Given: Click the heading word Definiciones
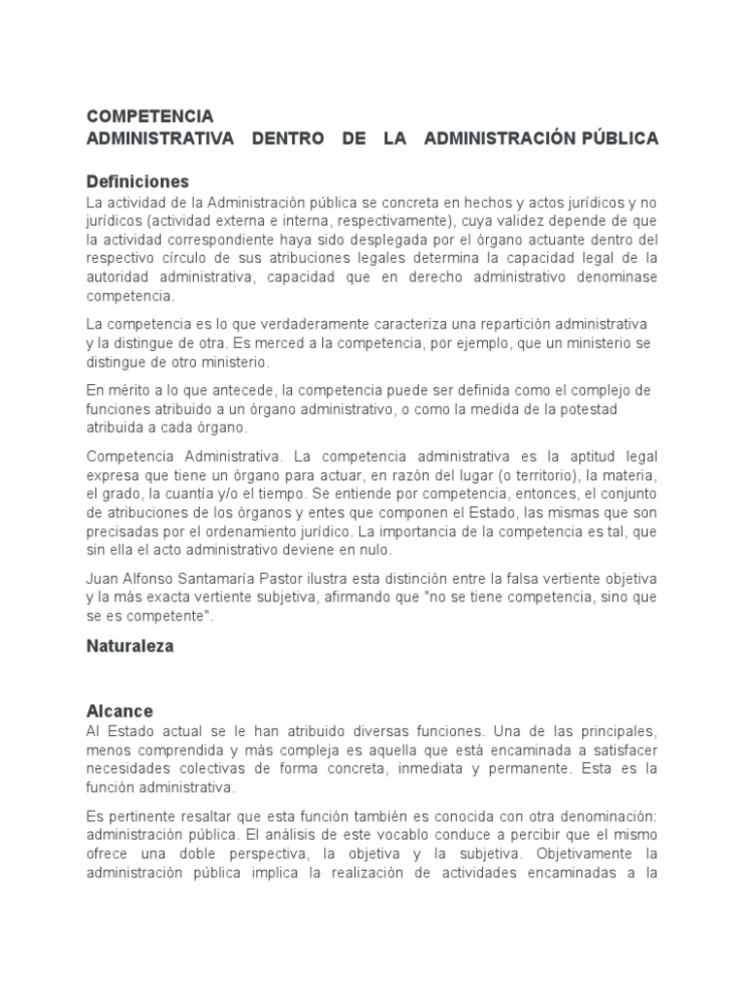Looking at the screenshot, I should (138, 181).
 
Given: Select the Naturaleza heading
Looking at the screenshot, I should (130, 647).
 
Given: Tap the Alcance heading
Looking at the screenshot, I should (119, 711).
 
